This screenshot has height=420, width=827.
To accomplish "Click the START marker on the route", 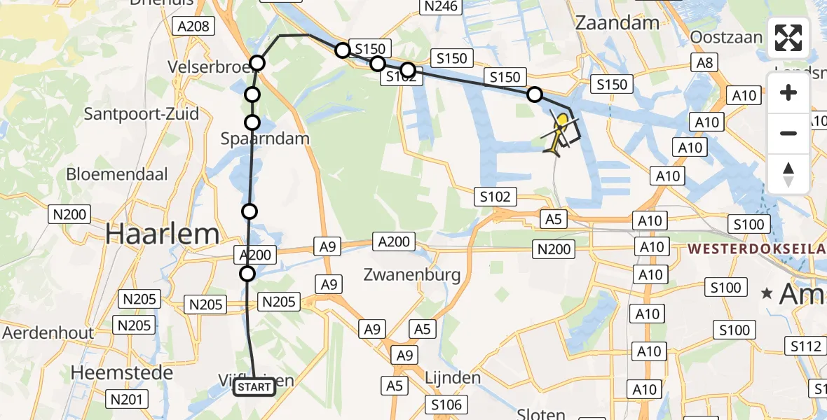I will click(254, 387).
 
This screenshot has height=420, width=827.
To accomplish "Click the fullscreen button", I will click(788, 38).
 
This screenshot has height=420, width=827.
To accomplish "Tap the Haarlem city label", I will click(163, 234).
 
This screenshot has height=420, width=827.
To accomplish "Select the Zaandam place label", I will click(617, 22).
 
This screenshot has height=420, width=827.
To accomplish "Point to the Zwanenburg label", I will click(412, 274).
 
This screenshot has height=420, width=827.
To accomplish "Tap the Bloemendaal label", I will click(117, 174).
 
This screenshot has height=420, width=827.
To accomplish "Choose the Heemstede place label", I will click(122, 372).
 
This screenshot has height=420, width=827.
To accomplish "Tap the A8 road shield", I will click(705, 63).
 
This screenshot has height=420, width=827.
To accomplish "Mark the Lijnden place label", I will click(453, 378).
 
